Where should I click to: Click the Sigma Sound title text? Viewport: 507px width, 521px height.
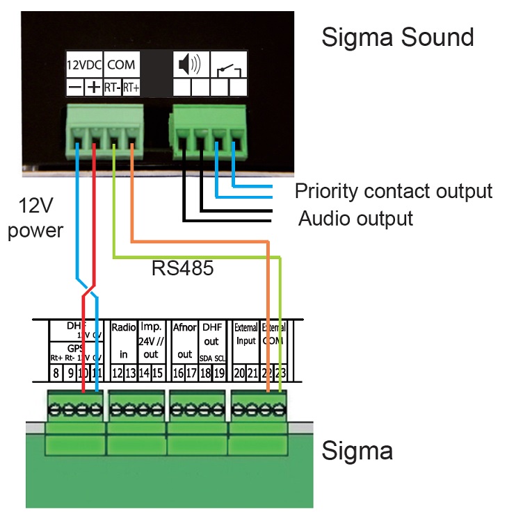pos(397,37)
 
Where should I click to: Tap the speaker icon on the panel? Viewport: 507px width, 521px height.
pos(189,65)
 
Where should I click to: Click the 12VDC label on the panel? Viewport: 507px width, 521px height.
pos(84,66)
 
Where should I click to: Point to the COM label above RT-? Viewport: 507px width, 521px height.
pos(121,66)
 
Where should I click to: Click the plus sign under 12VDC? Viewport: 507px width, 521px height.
pos(92,88)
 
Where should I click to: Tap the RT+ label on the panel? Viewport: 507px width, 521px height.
pos(131,88)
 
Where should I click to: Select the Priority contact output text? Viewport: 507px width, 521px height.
pos(393,190)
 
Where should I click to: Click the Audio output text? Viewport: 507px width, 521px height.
pos(355,219)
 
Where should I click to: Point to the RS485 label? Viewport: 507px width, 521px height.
pos(182,268)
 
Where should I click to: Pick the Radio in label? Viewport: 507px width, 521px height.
pos(123,340)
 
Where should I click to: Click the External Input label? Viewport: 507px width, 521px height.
pos(246,333)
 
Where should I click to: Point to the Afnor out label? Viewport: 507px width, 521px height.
pos(184,340)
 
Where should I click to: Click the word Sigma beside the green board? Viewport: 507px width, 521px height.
pos(357,451)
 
